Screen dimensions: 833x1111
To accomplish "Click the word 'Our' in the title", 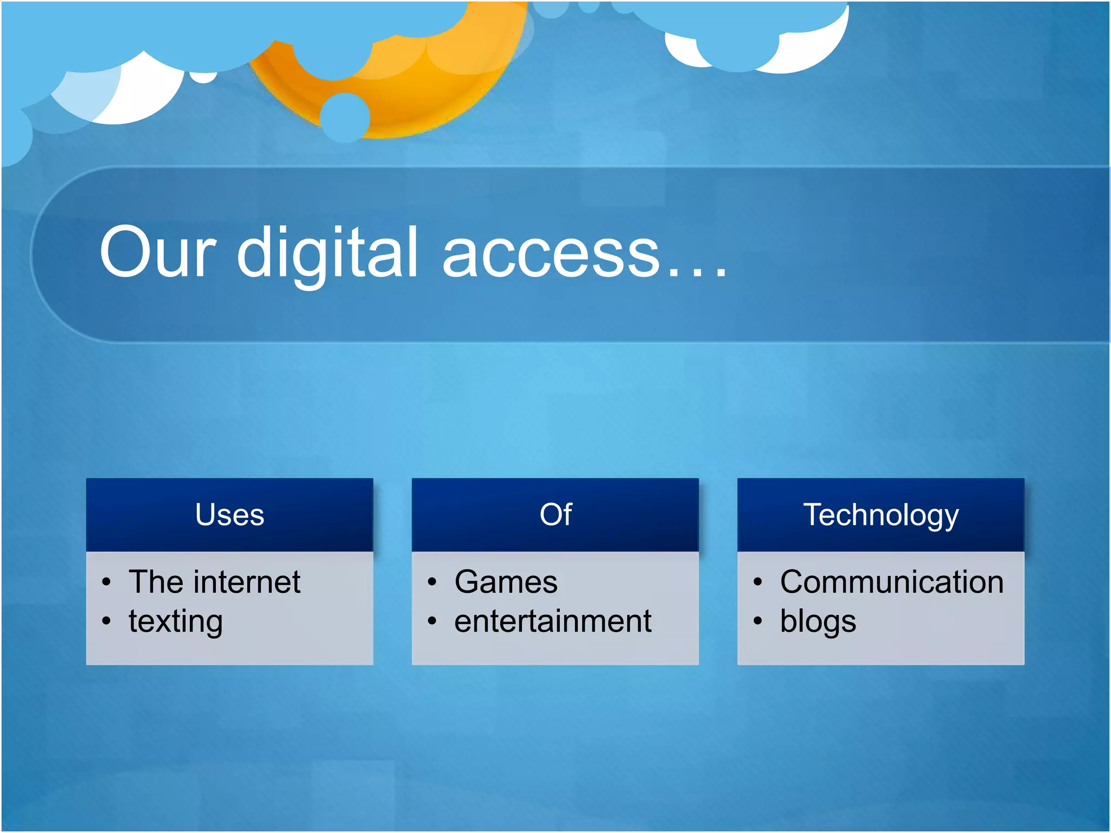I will coord(157,253).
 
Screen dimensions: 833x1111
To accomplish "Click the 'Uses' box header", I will coord(229,515).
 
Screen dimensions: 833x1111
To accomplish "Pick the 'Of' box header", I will coord(555,515).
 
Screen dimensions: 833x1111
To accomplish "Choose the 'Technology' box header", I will coord(880,515).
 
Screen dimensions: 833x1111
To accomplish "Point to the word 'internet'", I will coord(250,582).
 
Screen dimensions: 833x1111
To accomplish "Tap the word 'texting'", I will coord(176,621).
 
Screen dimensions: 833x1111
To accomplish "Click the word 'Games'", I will coord(506,582).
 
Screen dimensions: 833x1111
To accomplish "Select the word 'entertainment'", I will coord(552,621).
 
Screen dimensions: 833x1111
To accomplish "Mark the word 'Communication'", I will coord(891,582).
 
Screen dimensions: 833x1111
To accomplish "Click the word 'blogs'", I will coord(818,621).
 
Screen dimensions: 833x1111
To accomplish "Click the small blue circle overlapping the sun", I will coord(345,117).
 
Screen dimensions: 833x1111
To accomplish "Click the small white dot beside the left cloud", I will coord(203,77).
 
